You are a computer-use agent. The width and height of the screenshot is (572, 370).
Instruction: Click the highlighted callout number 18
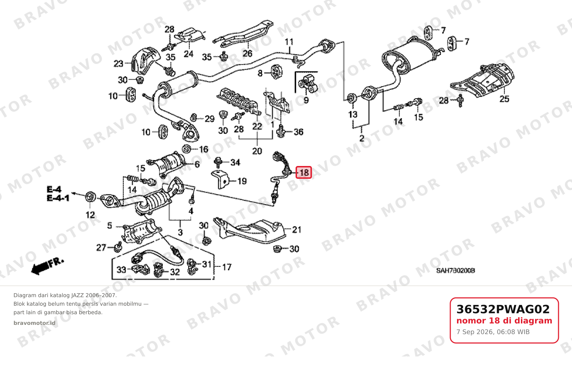[x=304, y=173]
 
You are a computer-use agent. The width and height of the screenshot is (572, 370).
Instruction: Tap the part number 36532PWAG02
[x=503, y=309]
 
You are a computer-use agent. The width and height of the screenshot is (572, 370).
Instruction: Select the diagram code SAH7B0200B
[x=456, y=270]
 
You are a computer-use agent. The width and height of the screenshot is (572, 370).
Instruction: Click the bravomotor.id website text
[x=34, y=323]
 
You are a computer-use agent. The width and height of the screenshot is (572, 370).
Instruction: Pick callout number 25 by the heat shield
[x=504, y=99]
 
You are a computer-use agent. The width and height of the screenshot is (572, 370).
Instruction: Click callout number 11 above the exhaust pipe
[x=289, y=42]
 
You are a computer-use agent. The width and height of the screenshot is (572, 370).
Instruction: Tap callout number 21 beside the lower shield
[x=297, y=230]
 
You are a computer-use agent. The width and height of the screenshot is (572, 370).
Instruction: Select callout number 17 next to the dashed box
[x=227, y=267]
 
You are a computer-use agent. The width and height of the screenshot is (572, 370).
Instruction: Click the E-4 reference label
[x=54, y=189]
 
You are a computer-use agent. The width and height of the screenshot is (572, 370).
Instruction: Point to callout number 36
[x=298, y=132]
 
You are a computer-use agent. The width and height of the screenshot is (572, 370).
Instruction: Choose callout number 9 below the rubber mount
[x=306, y=100]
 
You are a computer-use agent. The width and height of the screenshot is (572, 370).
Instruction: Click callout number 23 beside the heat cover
[x=118, y=64]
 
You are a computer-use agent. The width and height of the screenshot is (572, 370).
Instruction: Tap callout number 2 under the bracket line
[x=362, y=138]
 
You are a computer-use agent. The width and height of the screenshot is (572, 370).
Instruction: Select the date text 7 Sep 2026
[x=472, y=332]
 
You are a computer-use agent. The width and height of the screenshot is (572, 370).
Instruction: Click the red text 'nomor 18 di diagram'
[x=504, y=321]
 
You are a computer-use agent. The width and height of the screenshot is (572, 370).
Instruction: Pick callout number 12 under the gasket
[x=90, y=215]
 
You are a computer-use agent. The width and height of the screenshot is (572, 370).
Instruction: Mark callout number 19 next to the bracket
[x=242, y=181]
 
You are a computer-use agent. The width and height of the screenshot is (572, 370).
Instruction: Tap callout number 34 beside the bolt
[x=235, y=162]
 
